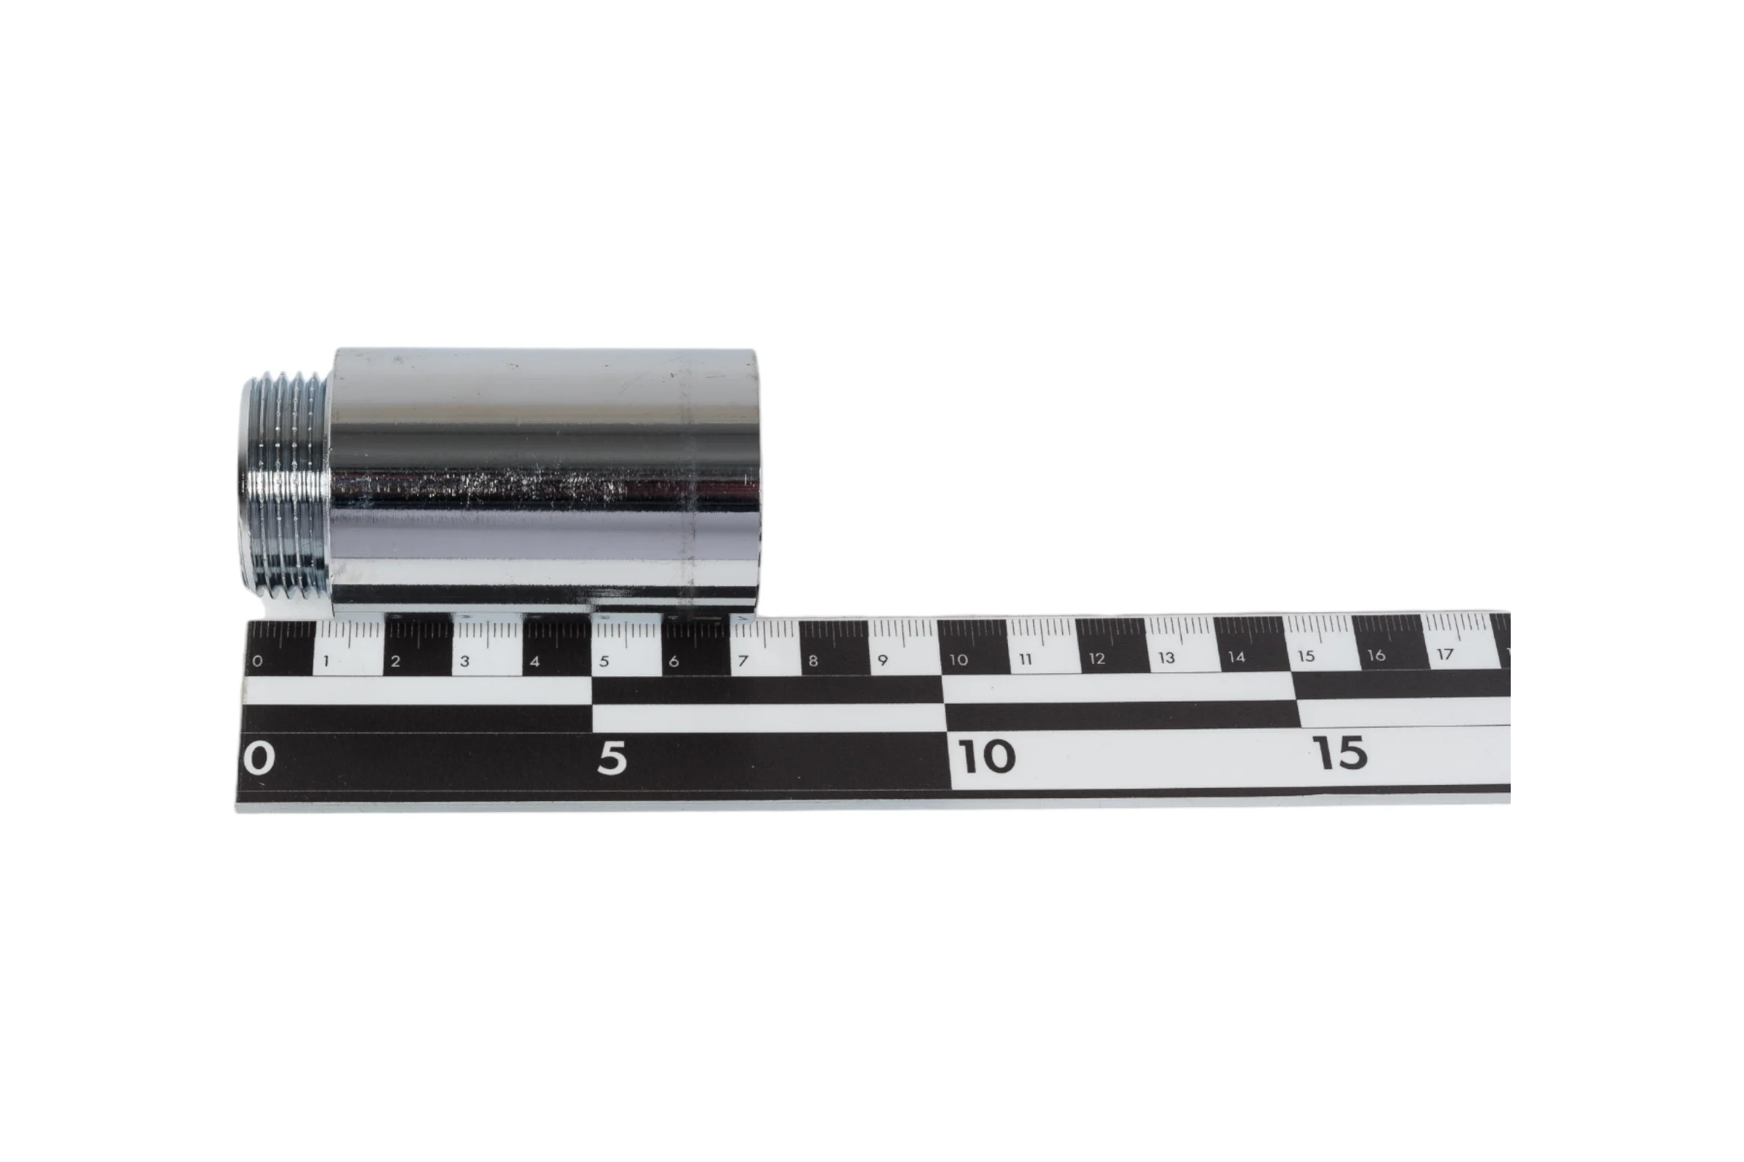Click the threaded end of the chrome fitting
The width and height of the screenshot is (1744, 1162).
(285, 487)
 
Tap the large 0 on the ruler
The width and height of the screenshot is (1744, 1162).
(259, 758)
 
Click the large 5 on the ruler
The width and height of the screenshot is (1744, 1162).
(612, 758)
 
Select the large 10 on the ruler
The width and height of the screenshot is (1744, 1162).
(987, 756)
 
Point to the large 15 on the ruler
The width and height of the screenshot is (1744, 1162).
(1340, 753)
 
